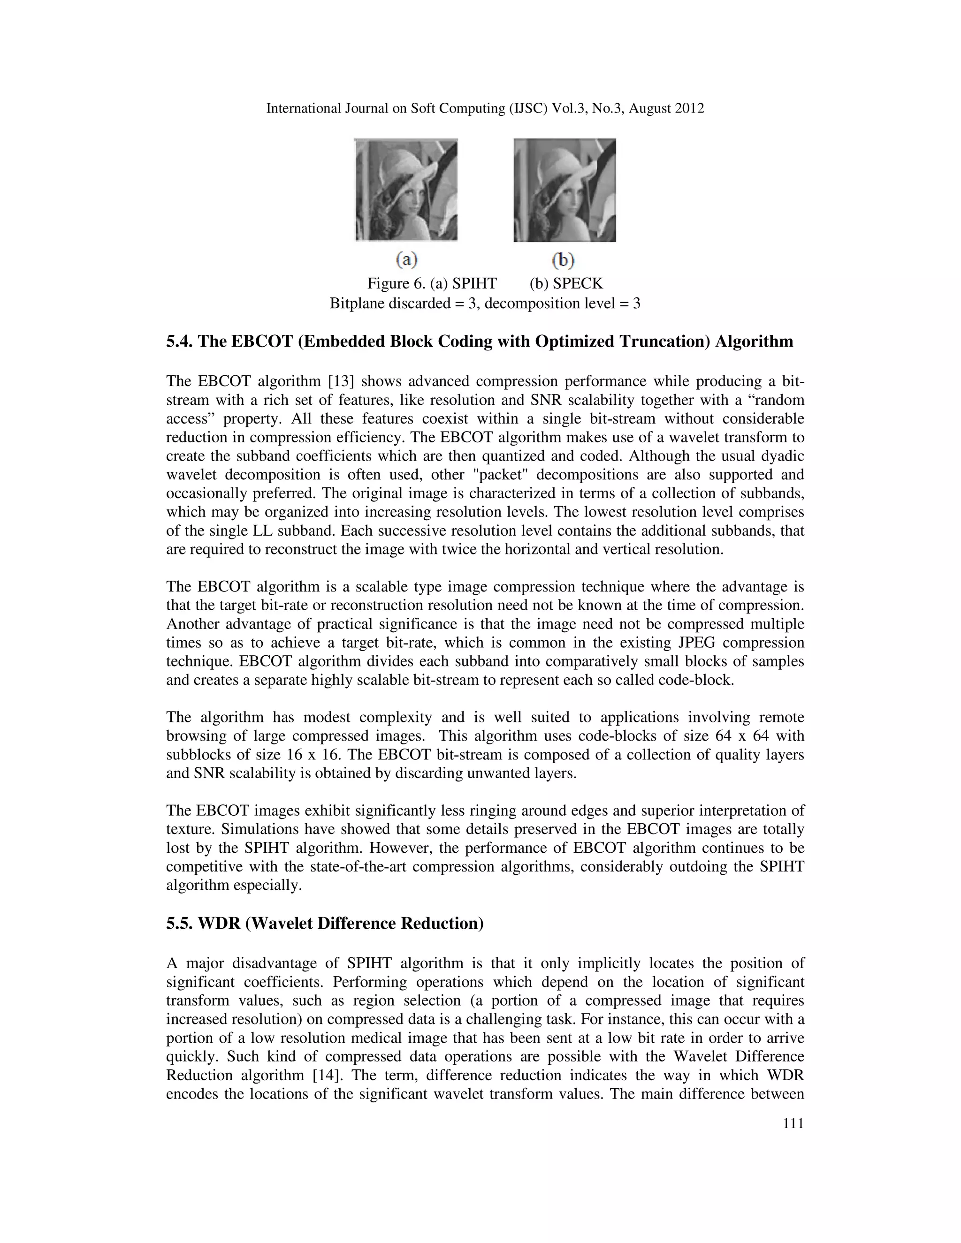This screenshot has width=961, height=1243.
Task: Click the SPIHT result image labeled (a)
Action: pyautogui.click(x=406, y=190)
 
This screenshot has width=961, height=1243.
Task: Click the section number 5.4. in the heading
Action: pyautogui.click(x=179, y=341)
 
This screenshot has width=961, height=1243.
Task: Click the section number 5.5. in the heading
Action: pyautogui.click(x=179, y=923)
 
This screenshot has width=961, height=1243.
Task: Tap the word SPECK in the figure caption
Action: pyautogui.click(x=582, y=283)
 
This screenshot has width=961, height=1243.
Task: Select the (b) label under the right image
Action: pyautogui.click(x=563, y=260)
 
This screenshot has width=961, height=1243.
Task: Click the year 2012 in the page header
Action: pyautogui.click(x=689, y=108)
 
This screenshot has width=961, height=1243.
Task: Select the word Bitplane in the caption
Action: pyautogui.click(x=357, y=303)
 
